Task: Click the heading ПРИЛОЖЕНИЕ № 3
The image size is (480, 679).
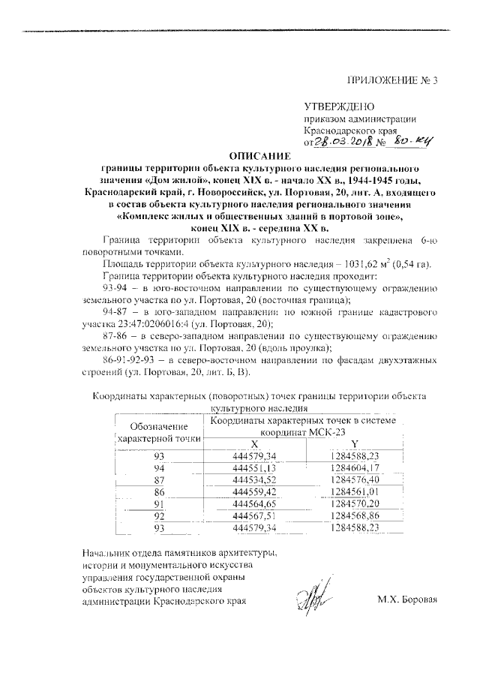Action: (x=392, y=80)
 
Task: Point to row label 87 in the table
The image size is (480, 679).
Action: (x=158, y=479)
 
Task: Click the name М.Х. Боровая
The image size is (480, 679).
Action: (x=406, y=600)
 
